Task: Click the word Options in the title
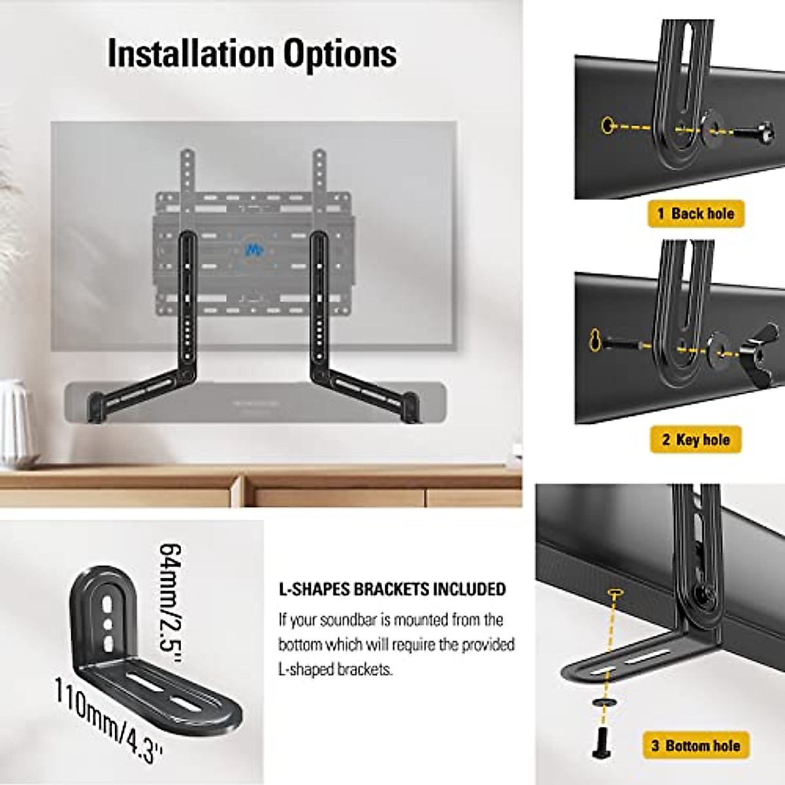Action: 340,54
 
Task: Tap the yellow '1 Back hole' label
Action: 696,213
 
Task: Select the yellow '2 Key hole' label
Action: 695,439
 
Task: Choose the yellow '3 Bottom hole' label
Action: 695,746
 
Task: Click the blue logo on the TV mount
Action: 251,249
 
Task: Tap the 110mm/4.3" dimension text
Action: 108,720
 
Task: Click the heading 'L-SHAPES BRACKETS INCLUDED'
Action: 392,589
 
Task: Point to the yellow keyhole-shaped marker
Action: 595,339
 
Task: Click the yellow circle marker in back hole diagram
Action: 607,124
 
